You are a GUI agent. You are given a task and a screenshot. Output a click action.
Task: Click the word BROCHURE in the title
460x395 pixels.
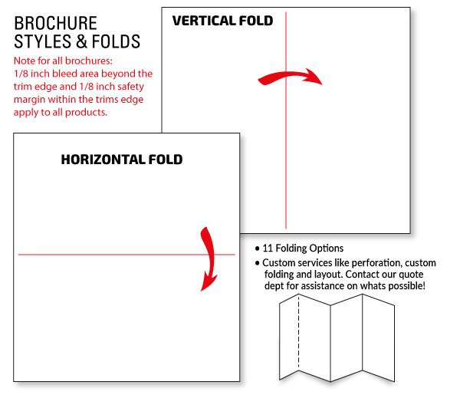[55, 23]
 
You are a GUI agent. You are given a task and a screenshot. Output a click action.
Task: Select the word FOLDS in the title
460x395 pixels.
[116, 41]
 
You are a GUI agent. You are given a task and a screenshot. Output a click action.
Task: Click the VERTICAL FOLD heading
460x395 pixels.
[222, 21]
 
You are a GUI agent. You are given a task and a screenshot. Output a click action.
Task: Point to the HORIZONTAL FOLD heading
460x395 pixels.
[122, 160]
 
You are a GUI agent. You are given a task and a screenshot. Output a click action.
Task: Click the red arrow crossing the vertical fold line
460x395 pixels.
[290, 77]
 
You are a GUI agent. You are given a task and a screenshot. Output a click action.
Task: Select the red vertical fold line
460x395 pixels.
[286, 120]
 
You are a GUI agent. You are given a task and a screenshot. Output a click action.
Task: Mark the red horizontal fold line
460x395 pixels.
[127, 255]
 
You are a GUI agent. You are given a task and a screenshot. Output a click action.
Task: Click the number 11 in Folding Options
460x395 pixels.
[268, 249]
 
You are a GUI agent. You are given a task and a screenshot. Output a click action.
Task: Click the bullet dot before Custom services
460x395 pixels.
[258, 263]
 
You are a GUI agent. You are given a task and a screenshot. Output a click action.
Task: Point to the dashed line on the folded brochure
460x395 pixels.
[299, 331]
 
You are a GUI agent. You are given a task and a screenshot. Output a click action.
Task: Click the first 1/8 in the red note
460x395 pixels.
[21, 74]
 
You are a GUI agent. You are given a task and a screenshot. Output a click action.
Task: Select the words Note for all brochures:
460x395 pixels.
[63, 61]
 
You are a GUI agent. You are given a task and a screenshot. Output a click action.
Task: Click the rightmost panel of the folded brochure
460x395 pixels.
[379, 337]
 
